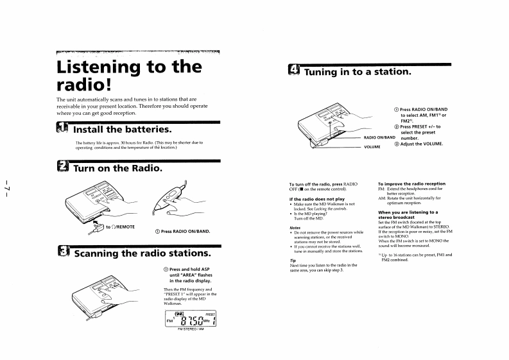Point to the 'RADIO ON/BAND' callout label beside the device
pyautogui.click(x=379, y=137)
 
